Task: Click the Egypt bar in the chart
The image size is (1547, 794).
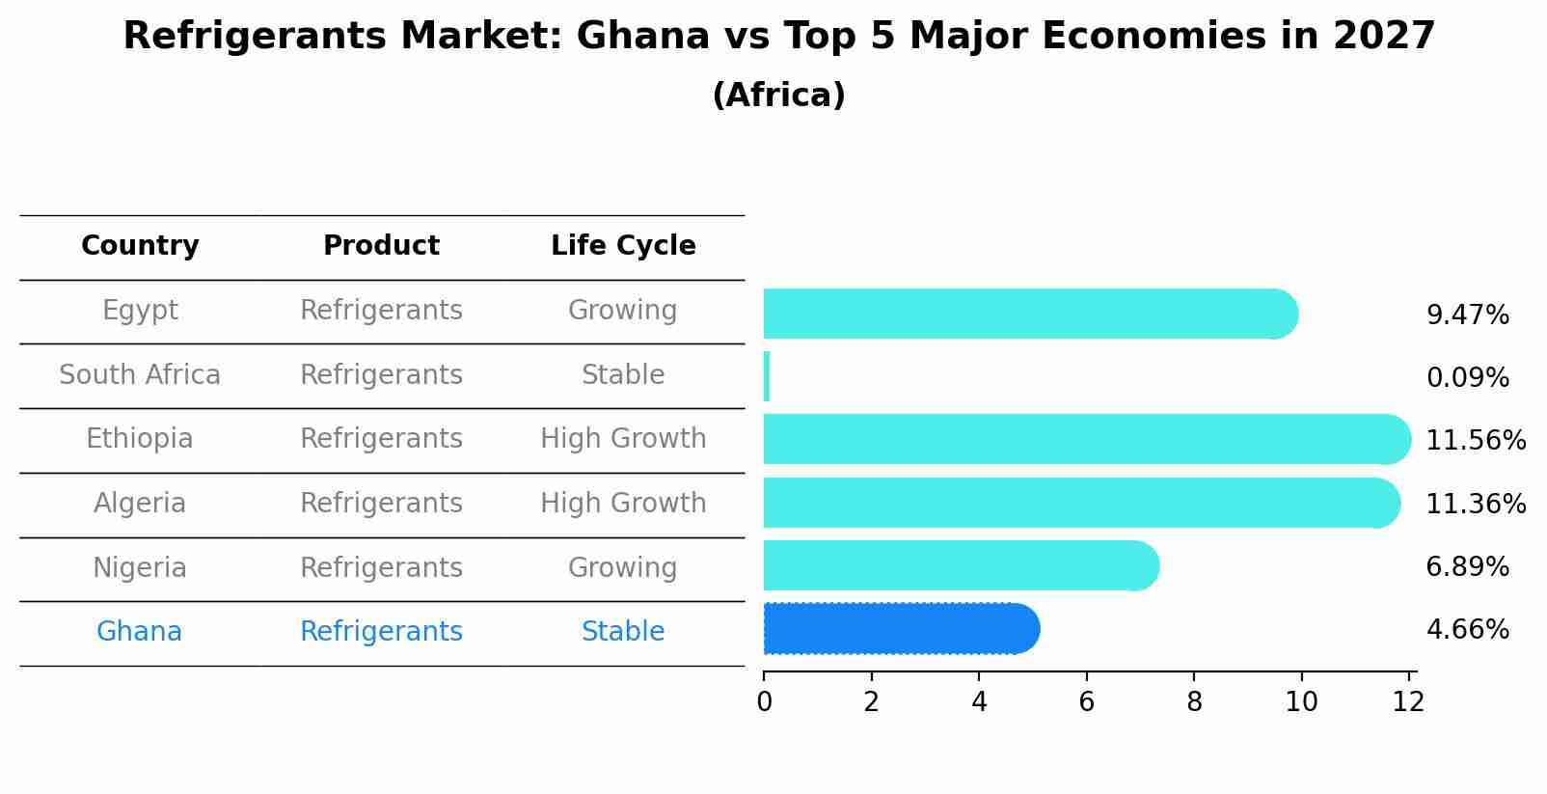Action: pyautogui.click(x=1029, y=314)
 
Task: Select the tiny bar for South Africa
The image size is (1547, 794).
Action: pyautogui.click(x=767, y=376)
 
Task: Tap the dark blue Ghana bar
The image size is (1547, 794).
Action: pyautogui.click(x=900, y=629)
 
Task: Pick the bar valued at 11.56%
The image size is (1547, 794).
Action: pyautogui.click(x=1085, y=439)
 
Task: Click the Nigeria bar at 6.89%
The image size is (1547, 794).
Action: pyautogui.click(x=960, y=565)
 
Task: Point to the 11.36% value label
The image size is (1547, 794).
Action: pyautogui.click(x=1475, y=504)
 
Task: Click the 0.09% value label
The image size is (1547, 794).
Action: pyautogui.click(x=1467, y=377)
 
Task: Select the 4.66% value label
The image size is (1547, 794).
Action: pyautogui.click(x=1467, y=629)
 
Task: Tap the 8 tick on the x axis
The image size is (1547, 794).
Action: pyautogui.click(x=1194, y=701)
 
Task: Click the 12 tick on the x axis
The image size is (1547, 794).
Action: pyautogui.click(x=1408, y=701)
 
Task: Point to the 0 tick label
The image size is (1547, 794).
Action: pyautogui.click(x=764, y=701)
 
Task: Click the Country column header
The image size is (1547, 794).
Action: pyautogui.click(x=140, y=246)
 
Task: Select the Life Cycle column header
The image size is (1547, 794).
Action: pyautogui.click(x=623, y=246)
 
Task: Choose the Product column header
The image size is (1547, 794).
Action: pyautogui.click(x=381, y=246)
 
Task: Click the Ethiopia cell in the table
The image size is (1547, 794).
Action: pyautogui.click(x=140, y=439)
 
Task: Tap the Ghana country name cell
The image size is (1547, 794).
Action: pyautogui.click(x=139, y=631)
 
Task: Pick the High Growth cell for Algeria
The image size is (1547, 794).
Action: pyautogui.click(x=623, y=503)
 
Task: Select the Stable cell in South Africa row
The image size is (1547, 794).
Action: pyautogui.click(x=623, y=374)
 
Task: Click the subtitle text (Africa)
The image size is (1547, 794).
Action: pyautogui.click(x=778, y=95)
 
